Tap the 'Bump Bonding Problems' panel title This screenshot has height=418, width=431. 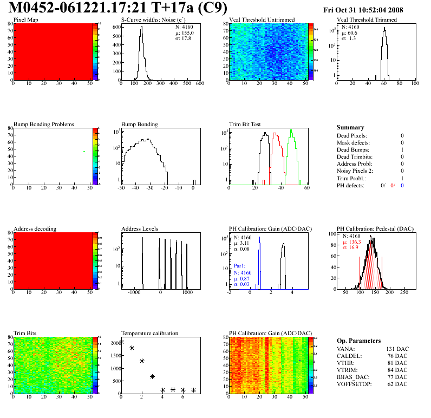(x=44, y=124)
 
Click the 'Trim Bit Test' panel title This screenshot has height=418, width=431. (x=245, y=124)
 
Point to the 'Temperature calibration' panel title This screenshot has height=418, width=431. (x=149, y=333)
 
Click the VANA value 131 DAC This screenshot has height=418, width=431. (x=395, y=349)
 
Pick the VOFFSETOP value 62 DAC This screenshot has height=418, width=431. (x=396, y=384)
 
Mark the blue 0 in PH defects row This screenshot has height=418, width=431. (x=403, y=185)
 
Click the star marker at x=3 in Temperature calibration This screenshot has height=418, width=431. (x=152, y=376)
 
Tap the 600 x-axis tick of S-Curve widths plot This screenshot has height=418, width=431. (x=199, y=84)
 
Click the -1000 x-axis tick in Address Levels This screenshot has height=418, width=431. (x=133, y=292)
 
